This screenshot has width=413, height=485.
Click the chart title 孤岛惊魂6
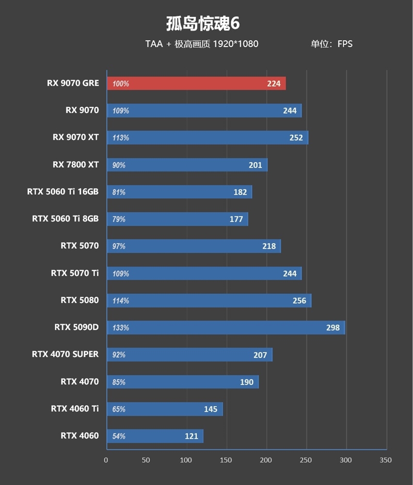pos(202,24)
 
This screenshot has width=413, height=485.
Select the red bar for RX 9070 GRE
pos(196,84)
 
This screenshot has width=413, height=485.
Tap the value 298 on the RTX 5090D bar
pos(332,327)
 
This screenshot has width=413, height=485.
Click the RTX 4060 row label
pos(80,435)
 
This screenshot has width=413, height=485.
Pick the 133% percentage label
pos(120,327)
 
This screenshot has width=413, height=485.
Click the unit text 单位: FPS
pos(331,44)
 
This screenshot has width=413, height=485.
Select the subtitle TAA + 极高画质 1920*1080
pos(202,44)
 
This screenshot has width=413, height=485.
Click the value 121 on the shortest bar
pos(191,436)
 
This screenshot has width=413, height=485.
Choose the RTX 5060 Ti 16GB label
pos(63,192)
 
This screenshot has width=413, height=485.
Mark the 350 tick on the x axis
pos(386,460)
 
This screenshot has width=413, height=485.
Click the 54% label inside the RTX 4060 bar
pos(119,436)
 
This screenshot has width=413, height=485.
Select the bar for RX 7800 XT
pos(187,165)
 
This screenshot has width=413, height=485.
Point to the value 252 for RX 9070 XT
pos(296,138)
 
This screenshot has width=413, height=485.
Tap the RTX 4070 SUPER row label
pos(65,354)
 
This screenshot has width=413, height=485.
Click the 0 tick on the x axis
pos(106,460)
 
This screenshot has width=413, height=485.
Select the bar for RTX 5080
pos(209,301)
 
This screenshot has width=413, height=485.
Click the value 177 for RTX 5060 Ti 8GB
pos(236,219)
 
